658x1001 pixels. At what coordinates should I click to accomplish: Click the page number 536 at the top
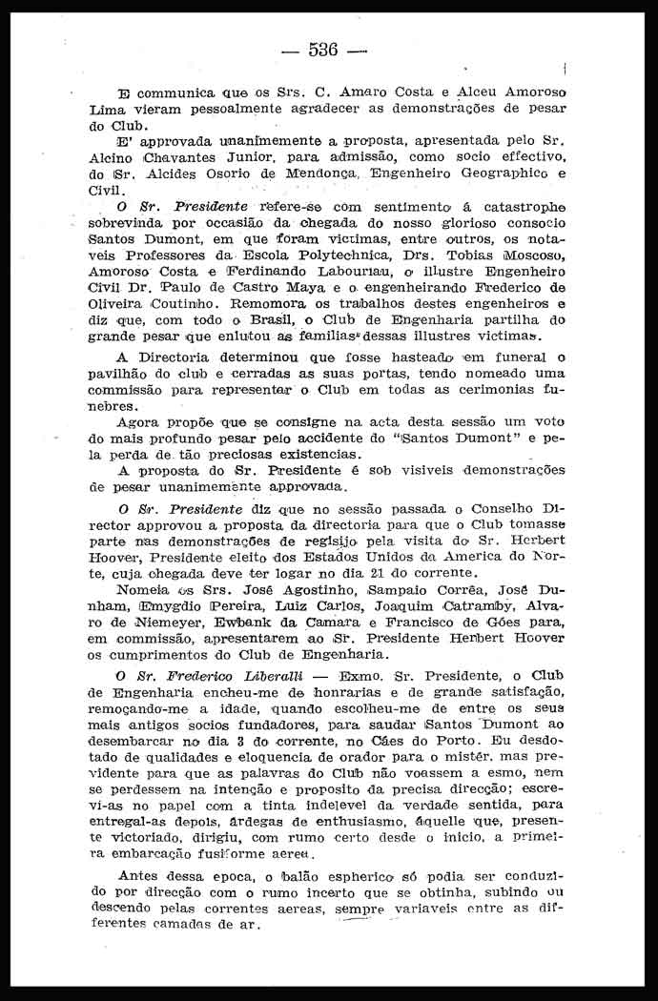tap(324, 50)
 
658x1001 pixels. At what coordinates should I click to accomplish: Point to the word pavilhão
tap(119, 374)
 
